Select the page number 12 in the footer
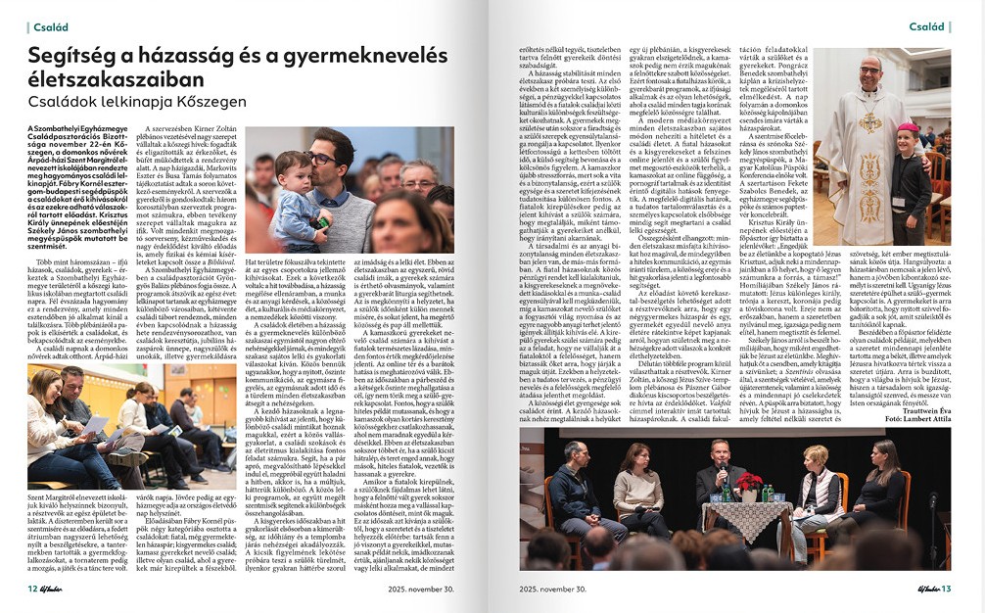click(x=32, y=589)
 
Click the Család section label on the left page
click(x=49, y=26)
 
